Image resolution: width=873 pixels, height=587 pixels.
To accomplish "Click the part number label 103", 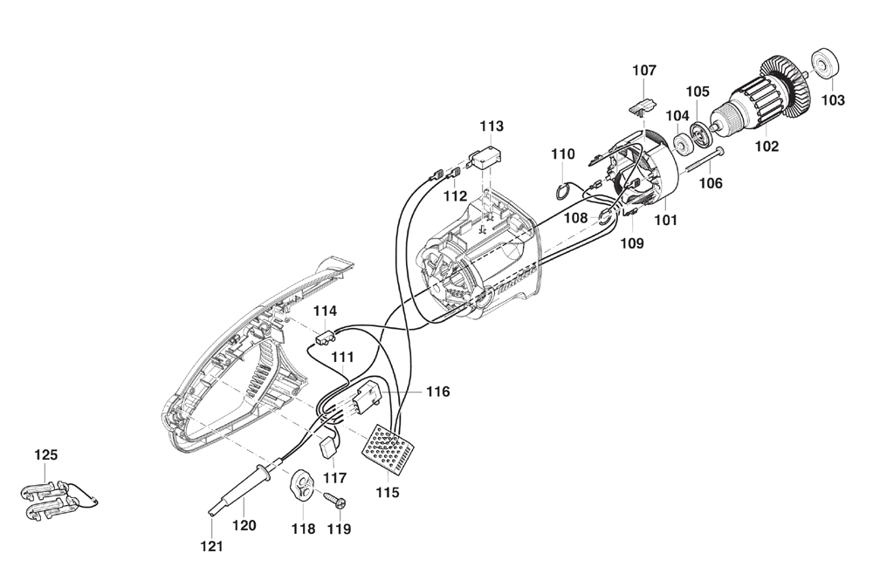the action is [833, 100].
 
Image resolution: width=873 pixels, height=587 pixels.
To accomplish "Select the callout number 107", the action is [644, 71].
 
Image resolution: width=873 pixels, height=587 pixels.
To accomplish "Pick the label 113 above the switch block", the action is [491, 126].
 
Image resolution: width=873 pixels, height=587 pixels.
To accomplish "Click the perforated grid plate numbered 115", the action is [389, 449].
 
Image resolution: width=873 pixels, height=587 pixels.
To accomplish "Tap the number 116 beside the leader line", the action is [438, 392].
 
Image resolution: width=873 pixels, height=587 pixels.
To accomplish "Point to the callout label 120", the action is [244, 525].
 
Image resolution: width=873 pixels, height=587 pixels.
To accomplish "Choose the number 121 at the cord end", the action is [212, 547].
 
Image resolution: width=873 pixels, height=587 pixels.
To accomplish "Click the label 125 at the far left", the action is [45, 455].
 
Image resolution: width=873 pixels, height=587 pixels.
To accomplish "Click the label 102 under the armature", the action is [766, 147].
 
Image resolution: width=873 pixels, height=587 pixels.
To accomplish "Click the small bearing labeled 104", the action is [680, 147].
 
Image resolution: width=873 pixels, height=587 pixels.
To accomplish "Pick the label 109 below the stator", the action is [632, 243].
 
